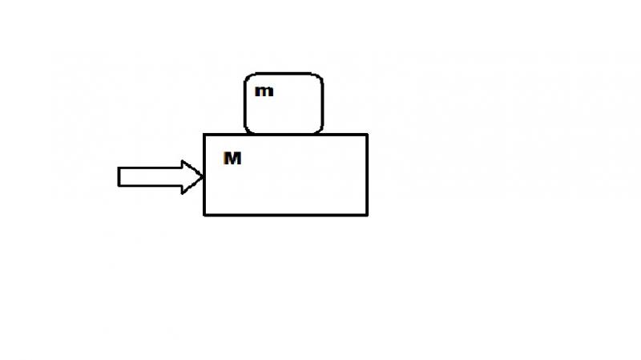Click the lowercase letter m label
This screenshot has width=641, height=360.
click(264, 91)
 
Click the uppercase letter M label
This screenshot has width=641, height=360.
click(232, 158)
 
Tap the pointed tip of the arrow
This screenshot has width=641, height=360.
click(202, 176)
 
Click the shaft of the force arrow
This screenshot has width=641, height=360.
click(150, 176)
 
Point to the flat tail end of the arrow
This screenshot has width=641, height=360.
click(119, 176)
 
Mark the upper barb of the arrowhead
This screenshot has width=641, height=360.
click(183, 161)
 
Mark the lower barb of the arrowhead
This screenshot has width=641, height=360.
click(183, 192)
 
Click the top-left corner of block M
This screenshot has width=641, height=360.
click(204, 134)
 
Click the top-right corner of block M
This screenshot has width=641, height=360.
click(368, 134)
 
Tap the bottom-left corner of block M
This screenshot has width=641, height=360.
click(204, 215)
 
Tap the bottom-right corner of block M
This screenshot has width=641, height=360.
click(368, 215)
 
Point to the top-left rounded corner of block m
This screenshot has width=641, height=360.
click(248, 76)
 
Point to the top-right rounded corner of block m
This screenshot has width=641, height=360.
click(320, 76)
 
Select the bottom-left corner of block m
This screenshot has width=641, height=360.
click(247, 131)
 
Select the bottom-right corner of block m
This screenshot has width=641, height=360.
click(320, 131)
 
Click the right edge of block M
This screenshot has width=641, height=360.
click(368, 175)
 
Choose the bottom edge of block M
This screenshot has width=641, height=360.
click(286, 215)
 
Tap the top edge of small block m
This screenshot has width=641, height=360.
click(284, 74)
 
